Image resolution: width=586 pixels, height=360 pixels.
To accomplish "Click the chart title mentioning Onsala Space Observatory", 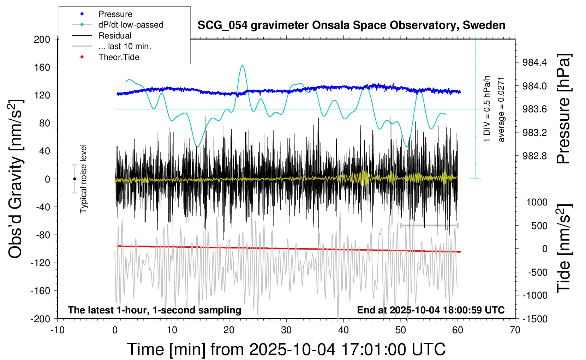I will pyautogui.click(x=351, y=25).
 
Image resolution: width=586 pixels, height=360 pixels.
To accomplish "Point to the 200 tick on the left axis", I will pyautogui.click(x=42, y=39).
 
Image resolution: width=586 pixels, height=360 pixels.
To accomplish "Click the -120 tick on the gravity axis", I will pyautogui.click(x=41, y=263).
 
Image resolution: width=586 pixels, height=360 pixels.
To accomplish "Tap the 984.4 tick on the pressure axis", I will pyautogui.click(x=534, y=62).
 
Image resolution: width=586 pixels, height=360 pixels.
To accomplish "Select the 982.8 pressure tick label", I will pyautogui.click(x=534, y=156).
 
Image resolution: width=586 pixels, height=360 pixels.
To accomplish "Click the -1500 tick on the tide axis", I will pyautogui.click(x=535, y=319).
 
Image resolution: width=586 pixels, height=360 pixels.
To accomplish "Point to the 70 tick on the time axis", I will pyautogui.click(x=515, y=330).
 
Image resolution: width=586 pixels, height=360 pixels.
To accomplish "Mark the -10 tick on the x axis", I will pyautogui.click(x=58, y=330).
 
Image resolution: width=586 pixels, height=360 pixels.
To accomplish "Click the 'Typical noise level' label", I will pyautogui.click(x=83, y=179).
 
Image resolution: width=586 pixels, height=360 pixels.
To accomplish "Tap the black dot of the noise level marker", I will pyautogui.click(x=74, y=179).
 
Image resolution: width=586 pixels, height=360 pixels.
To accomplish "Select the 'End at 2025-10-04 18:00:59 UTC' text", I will pyautogui.click(x=431, y=310).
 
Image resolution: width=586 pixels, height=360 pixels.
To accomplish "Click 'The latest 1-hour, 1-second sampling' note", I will pyautogui.click(x=155, y=310).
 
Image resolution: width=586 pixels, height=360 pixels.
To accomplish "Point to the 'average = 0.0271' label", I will pyautogui.click(x=501, y=109).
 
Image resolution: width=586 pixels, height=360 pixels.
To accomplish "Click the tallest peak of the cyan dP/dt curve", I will pyautogui.click(x=242, y=66).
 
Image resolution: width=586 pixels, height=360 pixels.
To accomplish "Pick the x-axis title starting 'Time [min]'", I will pyautogui.click(x=286, y=349).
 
